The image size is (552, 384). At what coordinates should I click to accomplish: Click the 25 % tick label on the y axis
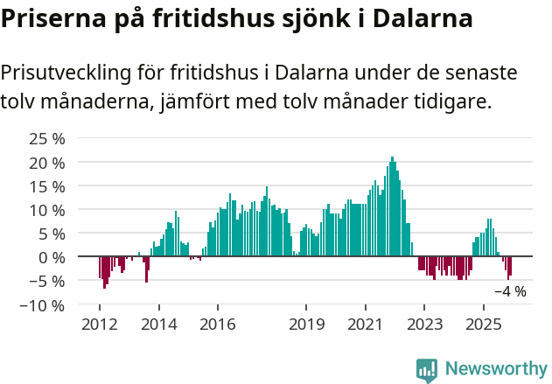[x=47, y=139]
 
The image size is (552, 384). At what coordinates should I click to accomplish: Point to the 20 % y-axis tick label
[x=47, y=163]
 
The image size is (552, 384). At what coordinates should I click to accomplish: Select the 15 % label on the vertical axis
[x=47, y=186]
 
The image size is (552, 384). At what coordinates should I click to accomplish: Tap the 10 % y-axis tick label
[x=47, y=210]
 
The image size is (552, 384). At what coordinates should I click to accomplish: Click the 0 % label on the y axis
[x=52, y=257]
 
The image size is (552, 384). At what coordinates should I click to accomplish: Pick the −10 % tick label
[x=43, y=305]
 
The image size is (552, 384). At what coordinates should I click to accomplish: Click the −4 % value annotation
[x=510, y=291]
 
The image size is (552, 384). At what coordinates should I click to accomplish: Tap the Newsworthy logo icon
[x=427, y=370]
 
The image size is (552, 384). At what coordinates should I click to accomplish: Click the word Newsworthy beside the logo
[x=495, y=370]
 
